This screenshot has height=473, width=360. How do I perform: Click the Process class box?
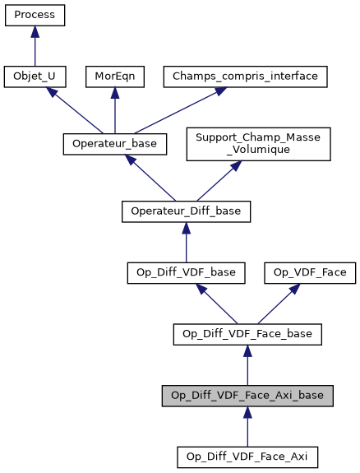(x=35, y=15)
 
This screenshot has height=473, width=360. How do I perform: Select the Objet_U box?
(x=35, y=77)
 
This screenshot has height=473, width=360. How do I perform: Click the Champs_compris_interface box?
(x=247, y=77)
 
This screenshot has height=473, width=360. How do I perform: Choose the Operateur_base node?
(x=115, y=144)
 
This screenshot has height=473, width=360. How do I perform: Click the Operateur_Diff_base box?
(x=186, y=211)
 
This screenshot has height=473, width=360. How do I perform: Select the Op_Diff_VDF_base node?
(x=186, y=271)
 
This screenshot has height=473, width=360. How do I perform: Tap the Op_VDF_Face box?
(x=309, y=271)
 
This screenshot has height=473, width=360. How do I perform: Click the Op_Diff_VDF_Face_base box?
(x=247, y=333)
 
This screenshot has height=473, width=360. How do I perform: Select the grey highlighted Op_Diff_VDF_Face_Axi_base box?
(x=247, y=395)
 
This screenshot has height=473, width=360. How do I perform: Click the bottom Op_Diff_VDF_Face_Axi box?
(x=247, y=456)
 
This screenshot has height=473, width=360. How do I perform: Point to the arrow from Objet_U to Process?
(x=35, y=46)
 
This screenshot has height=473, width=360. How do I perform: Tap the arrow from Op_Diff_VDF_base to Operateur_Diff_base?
(x=186, y=242)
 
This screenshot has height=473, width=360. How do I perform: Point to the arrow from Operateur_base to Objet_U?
(x=74, y=110)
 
